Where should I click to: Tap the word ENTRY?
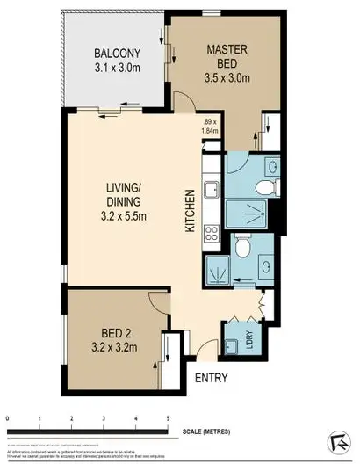(x=211, y=379)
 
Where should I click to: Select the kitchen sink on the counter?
(x=211, y=190)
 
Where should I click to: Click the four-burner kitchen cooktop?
(x=211, y=233)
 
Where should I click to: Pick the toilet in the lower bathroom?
(x=241, y=250)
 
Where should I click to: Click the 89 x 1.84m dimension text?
(x=209, y=127)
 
